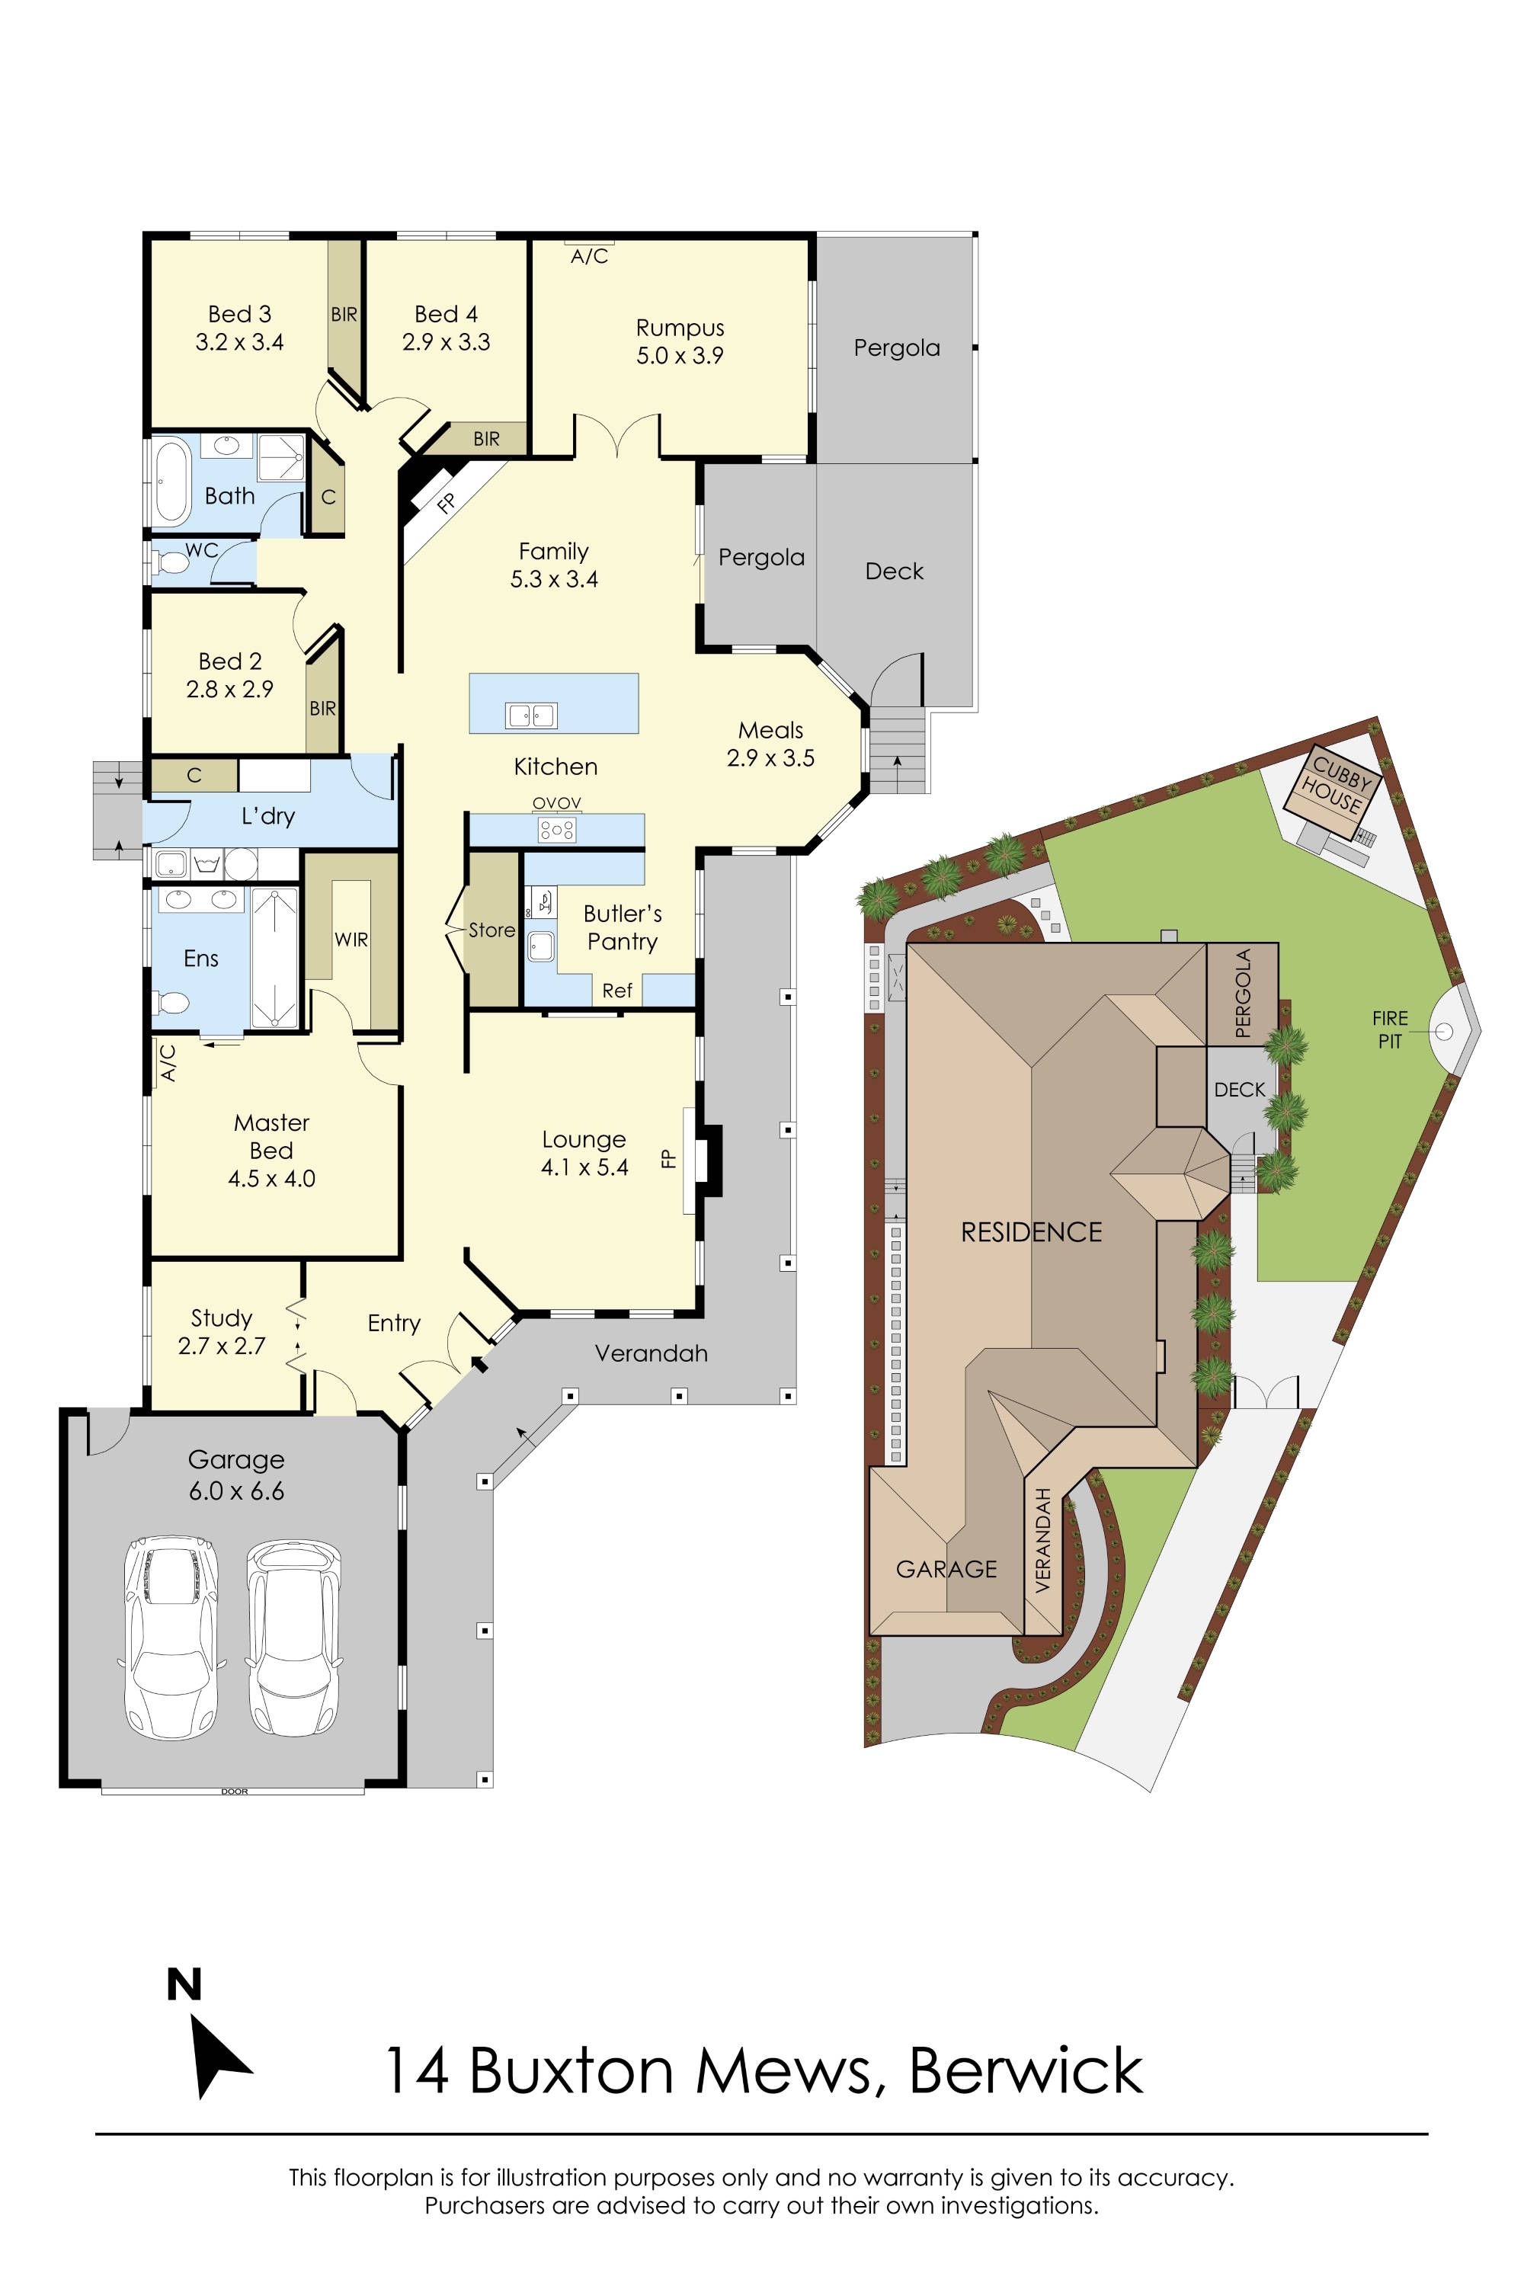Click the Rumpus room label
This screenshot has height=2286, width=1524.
click(680, 328)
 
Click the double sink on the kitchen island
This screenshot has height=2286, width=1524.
click(530, 716)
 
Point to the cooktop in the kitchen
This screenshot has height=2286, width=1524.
click(557, 830)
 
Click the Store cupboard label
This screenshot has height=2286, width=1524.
click(491, 930)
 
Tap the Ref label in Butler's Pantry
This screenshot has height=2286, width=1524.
click(617, 991)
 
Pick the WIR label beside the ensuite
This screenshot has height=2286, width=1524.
click(351, 939)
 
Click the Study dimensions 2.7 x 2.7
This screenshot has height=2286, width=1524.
click(222, 1346)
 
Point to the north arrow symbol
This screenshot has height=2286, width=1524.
click(219, 2057)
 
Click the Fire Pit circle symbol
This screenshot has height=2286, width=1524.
click(1443, 1031)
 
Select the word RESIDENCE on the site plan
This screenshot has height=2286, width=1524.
click(1031, 1232)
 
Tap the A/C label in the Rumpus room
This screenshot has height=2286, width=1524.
click(589, 257)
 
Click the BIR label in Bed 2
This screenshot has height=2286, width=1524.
click(322, 709)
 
